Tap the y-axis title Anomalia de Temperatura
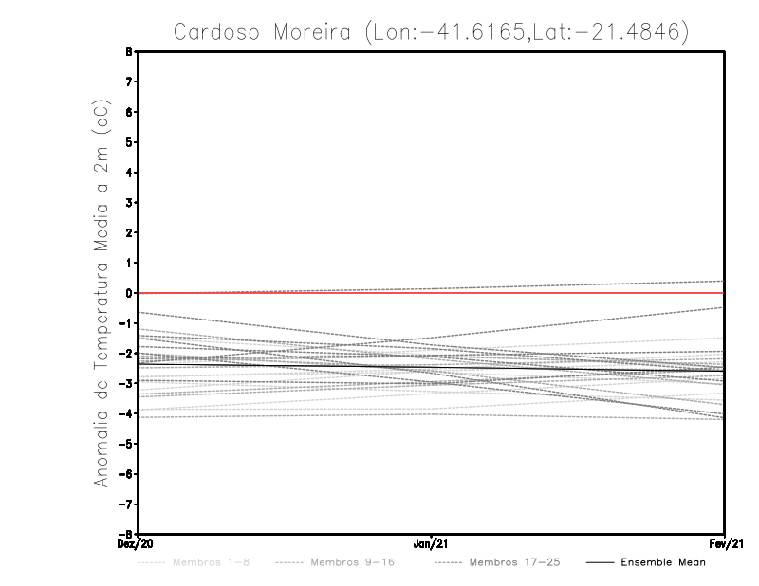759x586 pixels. tap(102, 294)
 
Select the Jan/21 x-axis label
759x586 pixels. tap(432, 544)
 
